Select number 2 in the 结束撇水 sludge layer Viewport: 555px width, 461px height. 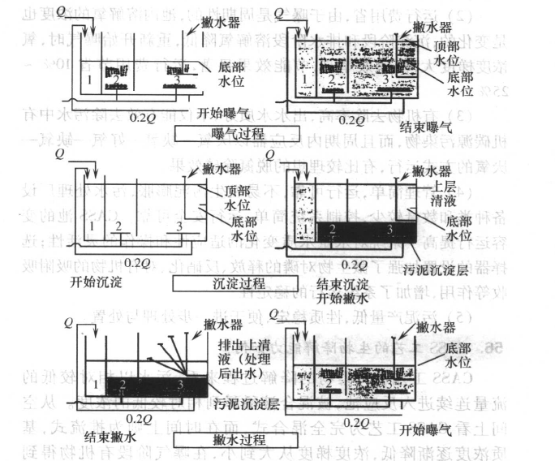coord(123,383)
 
